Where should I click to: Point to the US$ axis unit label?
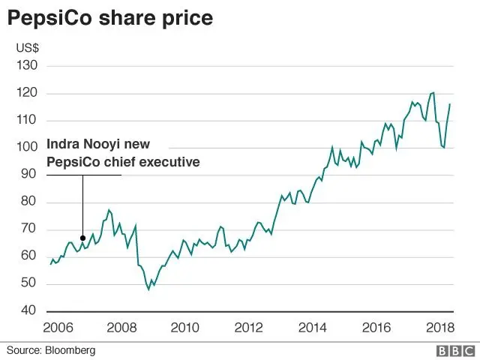tap(28, 48)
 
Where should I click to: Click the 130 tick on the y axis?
tap(26, 66)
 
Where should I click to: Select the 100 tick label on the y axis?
tap(26, 148)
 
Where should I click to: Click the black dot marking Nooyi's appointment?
tap(82, 238)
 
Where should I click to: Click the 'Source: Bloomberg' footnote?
tap(52, 349)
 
